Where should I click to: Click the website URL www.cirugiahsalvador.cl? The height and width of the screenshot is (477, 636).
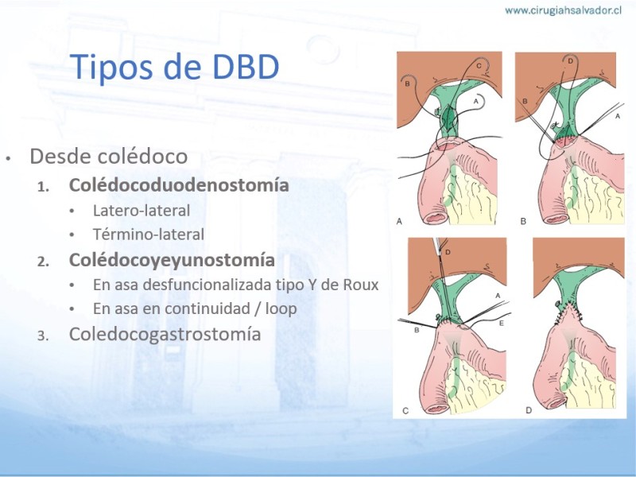(x=564, y=10)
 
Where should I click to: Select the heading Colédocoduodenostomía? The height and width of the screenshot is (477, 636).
(x=179, y=185)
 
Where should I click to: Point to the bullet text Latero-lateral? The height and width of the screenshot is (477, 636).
(x=142, y=211)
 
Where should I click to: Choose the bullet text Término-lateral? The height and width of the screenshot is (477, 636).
(x=149, y=235)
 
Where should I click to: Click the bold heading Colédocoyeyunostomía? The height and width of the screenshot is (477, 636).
(x=172, y=261)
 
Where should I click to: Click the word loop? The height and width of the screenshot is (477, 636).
(x=281, y=309)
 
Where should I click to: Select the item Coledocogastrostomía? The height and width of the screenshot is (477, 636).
(x=165, y=335)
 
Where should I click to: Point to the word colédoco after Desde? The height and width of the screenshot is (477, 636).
(x=149, y=156)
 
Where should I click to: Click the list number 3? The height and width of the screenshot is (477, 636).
(x=43, y=336)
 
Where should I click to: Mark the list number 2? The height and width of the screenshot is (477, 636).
(x=43, y=262)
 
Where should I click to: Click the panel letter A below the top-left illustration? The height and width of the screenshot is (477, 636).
(x=399, y=222)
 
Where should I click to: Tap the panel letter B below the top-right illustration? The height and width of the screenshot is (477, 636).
(x=523, y=222)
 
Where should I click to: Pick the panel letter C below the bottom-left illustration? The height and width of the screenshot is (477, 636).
(x=405, y=411)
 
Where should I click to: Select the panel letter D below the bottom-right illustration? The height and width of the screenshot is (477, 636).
(x=529, y=410)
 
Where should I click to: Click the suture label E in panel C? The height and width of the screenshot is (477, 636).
(x=502, y=324)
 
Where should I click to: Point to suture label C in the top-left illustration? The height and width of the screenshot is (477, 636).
(x=479, y=66)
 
